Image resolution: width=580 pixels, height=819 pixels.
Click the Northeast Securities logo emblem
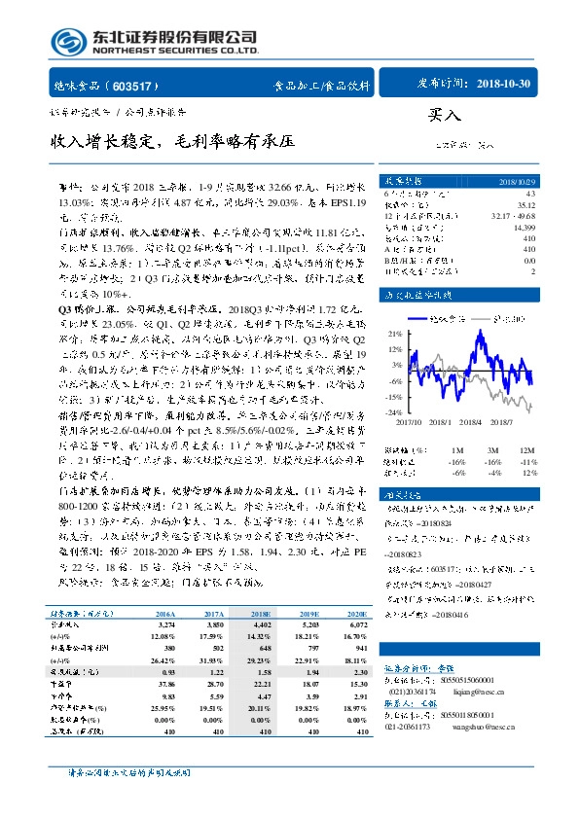[67, 41]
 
